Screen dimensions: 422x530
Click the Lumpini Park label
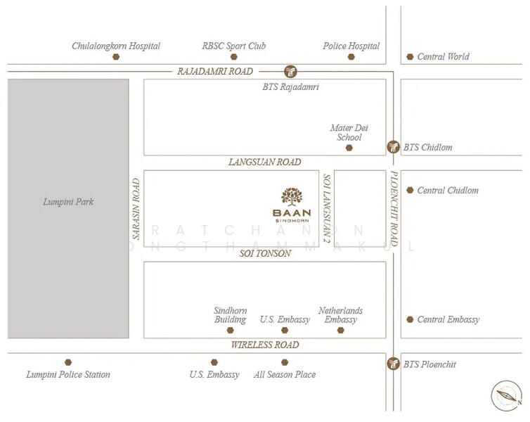pos(68,202)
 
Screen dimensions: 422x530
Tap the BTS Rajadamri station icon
pos(290,71)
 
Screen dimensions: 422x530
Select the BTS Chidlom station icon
pos(393,147)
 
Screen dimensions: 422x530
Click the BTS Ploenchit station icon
pos(393,364)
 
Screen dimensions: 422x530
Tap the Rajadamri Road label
pos(215,71)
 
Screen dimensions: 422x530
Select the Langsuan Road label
pos(264,162)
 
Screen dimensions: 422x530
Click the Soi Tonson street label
pos(264,253)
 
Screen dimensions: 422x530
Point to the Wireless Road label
pos(264,345)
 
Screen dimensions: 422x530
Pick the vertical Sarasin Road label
pos(136,208)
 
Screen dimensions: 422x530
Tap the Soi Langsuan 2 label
pos(326,208)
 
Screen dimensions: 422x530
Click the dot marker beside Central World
pos(410,57)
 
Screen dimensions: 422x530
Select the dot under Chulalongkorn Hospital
pos(116,57)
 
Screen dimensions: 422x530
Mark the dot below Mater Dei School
pos(349,148)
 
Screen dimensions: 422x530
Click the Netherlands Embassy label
pos(340,315)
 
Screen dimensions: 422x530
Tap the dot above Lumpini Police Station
pos(68,362)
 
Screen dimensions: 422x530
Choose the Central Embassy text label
pos(448,319)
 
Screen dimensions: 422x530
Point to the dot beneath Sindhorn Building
pos(231,330)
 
